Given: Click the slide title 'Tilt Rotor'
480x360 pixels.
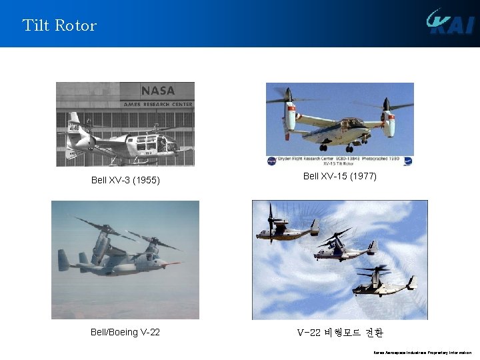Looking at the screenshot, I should [x=59, y=26].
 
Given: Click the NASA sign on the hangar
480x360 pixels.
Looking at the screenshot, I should [x=157, y=91].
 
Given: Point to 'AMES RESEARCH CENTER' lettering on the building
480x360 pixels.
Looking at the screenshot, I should [x=157, y=104].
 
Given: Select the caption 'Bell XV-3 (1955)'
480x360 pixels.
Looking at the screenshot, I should [x=125, y=180].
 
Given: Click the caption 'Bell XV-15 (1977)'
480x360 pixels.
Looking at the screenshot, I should [x=339, y=176].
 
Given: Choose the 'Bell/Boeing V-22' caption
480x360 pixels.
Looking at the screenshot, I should [x=125, y=332].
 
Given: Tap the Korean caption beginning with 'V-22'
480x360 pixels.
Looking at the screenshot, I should [x=339, y=332].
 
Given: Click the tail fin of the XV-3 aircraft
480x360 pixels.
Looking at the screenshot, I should [x=73, y=124].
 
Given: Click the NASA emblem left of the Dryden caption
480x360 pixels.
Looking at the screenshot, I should [x=272, y=161].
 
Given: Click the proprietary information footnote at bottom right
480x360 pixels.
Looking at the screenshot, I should [x=421, y=353].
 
